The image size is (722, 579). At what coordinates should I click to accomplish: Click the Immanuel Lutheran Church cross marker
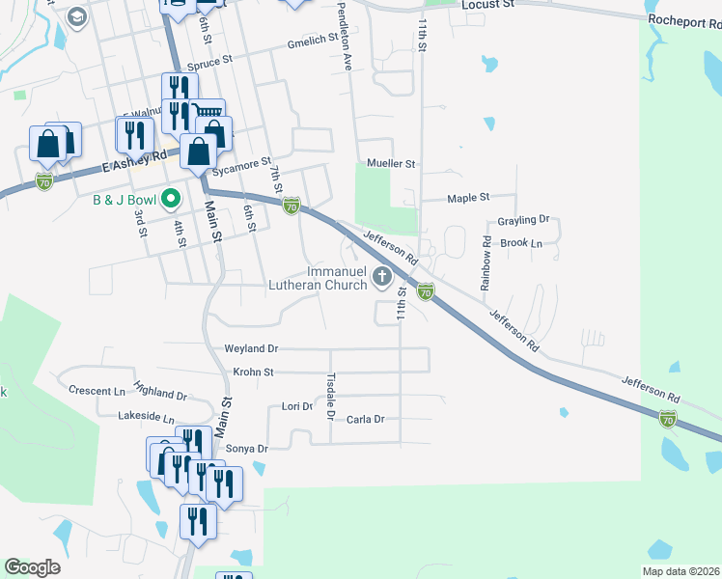382,278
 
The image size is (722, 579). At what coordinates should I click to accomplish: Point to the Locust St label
488,5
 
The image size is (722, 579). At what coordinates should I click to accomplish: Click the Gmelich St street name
313,44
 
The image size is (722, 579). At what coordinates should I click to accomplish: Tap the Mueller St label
390,164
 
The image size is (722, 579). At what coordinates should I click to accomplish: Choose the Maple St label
469,198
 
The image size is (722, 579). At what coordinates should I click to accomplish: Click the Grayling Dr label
522,220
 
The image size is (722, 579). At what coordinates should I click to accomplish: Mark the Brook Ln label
522,243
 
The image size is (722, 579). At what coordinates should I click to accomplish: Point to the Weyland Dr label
251,348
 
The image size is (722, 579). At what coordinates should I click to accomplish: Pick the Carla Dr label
366,419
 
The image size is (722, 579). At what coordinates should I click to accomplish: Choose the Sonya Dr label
246,449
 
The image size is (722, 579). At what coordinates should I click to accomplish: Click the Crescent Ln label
97,391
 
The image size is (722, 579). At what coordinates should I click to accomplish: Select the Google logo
32,567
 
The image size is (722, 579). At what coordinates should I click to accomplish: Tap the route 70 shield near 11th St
425,290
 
